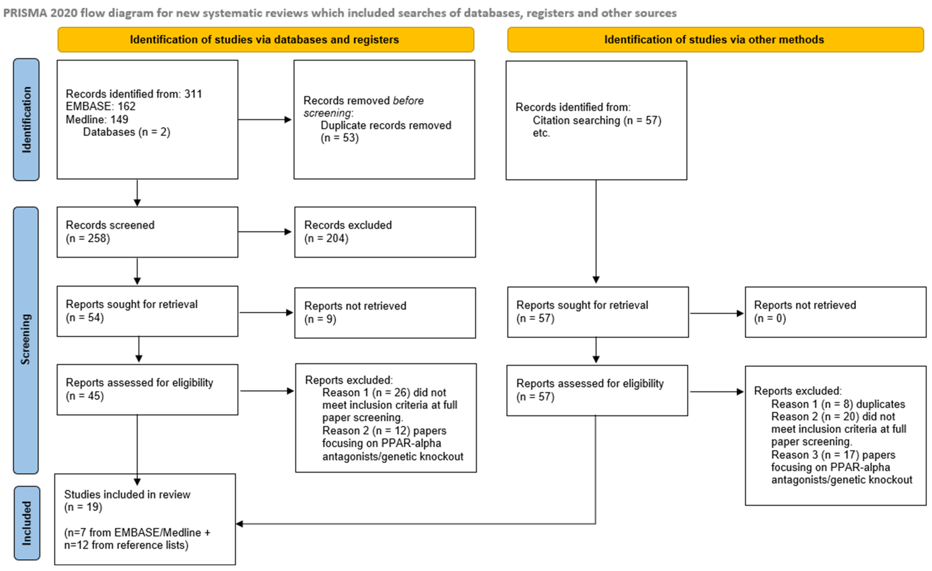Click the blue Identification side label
pos(26,120)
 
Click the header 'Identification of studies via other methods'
pos(715,40)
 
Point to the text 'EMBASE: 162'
pos(101,106)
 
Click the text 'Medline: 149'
pos(97,120)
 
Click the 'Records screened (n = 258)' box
pos(147,232)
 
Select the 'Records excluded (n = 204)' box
pos(385,232)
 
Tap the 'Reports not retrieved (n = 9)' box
pos(385,313)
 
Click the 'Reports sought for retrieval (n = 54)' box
pos(147,311)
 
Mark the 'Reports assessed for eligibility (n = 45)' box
pos(147,389)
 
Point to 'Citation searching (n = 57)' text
pos(597,120)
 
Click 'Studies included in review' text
pos(127,494)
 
